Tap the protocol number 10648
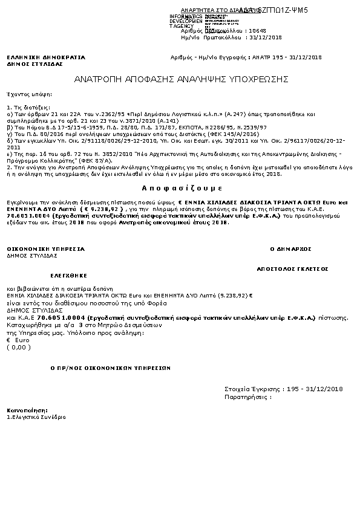(x=258, y=30)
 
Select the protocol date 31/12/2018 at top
(x=267, y=37)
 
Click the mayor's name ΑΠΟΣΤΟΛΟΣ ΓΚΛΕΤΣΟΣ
(x=292, y=267)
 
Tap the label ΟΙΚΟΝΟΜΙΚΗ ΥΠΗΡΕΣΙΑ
(x=46, y=248)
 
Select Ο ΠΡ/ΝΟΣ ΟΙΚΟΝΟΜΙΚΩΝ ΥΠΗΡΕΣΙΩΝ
(x=110, y=368)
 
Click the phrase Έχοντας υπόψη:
(x=29, y=95)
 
